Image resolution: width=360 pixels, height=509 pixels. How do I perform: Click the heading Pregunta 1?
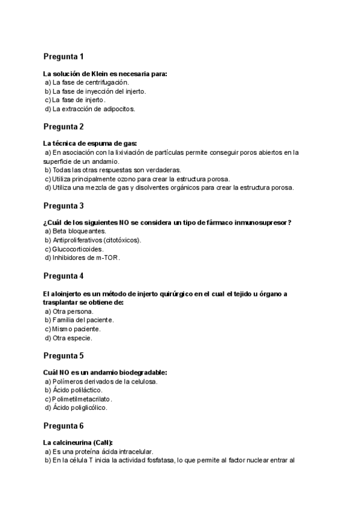click(x=63, y=56)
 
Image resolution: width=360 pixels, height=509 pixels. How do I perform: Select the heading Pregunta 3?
click(x=63, y=206)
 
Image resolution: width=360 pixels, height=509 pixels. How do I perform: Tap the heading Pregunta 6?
click(x=63, y=426)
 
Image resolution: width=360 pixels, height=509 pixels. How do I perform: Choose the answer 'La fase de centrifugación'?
click(x=90, y=82)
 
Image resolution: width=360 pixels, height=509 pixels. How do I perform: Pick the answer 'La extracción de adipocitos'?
click(x=94, y=109)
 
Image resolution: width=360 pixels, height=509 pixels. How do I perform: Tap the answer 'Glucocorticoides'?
click(x=78, y=249)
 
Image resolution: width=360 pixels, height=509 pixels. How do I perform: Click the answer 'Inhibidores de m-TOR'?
click(x=86, y=258)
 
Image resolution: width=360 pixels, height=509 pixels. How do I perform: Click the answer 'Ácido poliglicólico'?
click(x=80, y=408)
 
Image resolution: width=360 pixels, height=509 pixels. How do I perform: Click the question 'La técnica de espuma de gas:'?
click(x=90, y=143)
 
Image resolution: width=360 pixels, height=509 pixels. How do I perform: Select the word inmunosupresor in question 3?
click(x=258, y=223)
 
